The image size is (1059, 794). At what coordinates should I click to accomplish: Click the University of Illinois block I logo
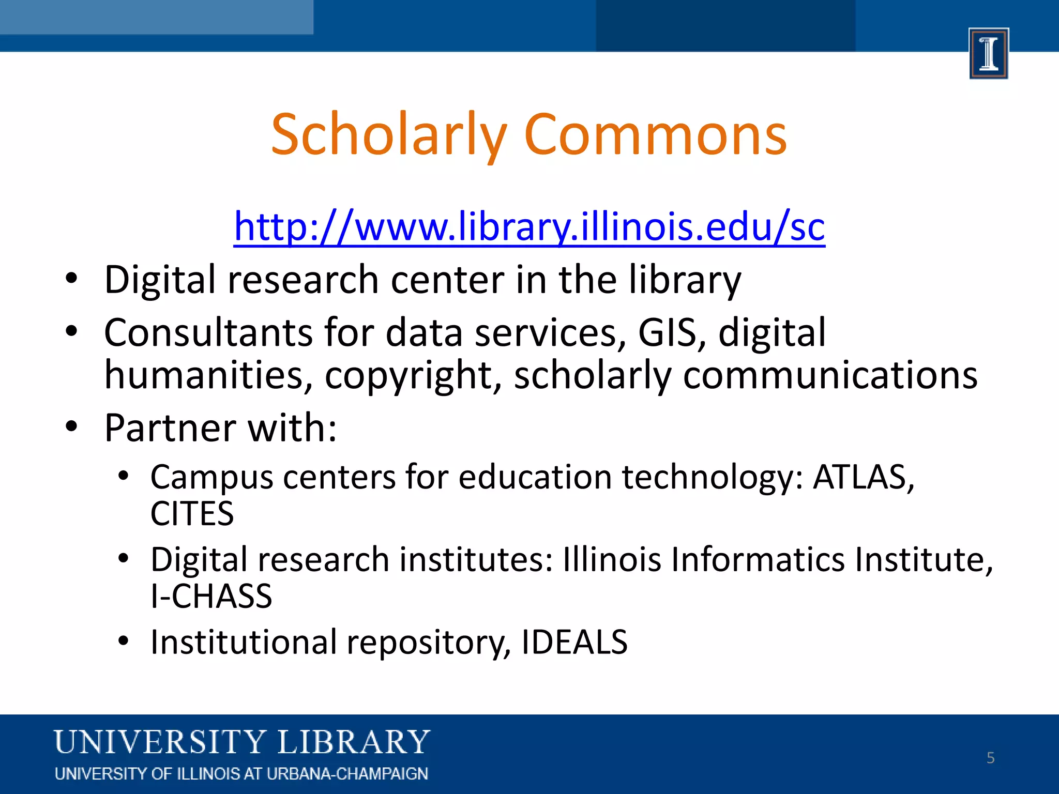pyautogui.click(x=989, y=53)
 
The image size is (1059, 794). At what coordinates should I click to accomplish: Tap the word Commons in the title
pyautogui.click(x=655, y=135)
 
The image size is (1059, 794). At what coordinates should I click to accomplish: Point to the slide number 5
pyautogui.click(x=990, y=758)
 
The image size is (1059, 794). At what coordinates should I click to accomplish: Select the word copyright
pyautogui.click(x=413, y=376)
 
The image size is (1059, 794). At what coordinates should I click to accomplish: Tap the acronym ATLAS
pyautogui.click(x=863, y=477)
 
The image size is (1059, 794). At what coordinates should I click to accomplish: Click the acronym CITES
pyautogui.click(x=192, y=514)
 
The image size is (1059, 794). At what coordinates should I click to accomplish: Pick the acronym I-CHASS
pyautogui.click(x=211, y=597)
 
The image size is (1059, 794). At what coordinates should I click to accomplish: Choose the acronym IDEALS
pyautogui.click(x=574, y=643)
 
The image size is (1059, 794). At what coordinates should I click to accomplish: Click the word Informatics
pyautogui.click(x=758, y=560)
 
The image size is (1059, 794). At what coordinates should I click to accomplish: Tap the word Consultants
pyautogui.click(x=208, y=333)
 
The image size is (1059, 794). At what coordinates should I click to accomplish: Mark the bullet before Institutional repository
pyautogui.click(x=123, y=642)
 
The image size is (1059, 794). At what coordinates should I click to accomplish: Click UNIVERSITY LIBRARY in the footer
pyautogui.click(x=242, y=742)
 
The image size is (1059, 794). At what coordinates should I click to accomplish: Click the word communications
pyautogui.click(x=830, y=376)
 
